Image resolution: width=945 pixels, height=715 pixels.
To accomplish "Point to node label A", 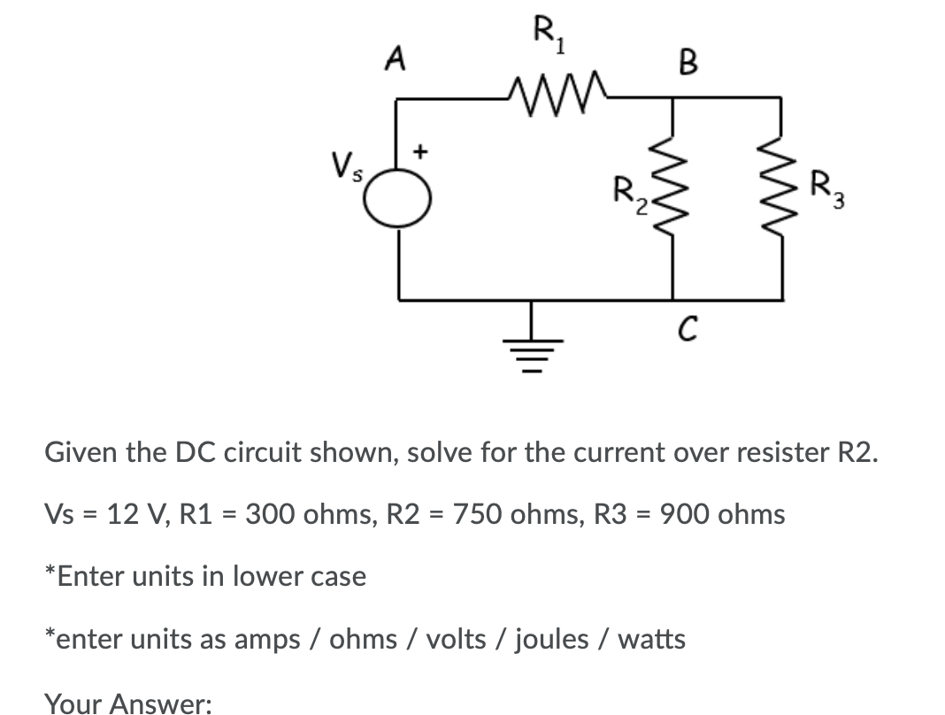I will tap(396, 59).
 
